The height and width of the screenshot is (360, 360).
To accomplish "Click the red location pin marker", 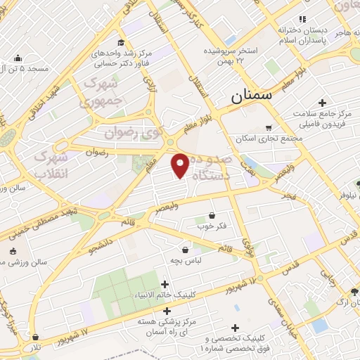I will (x=180, y=165).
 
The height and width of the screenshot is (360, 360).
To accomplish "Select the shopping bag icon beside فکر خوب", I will (x=212, y=216).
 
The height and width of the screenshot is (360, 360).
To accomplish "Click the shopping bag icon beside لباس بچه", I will (x=186, y=249).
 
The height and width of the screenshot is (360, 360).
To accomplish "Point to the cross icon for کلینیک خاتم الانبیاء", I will (x=165, y=285).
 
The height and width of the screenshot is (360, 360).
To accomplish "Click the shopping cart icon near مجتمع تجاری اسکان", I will (x=269, y=127).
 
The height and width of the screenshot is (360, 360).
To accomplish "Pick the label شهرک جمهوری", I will (x=103, y=91).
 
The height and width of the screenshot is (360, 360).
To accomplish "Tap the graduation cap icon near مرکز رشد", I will (x=122, y=42).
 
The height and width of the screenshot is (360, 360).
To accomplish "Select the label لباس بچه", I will (x=186, y=260).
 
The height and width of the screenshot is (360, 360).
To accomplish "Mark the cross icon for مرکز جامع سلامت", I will (x=322, y=103).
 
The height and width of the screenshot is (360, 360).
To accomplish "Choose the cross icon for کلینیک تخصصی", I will (x=235, y=328).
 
